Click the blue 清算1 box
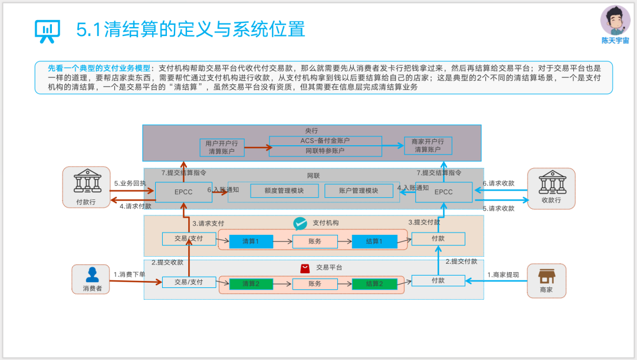tap(251, 241)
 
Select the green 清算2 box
tap(251, 284)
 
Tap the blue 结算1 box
tap(375, 241)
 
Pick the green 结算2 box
tap(375, 284)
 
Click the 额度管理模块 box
tap(284, 191)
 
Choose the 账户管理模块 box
tap(359, 191)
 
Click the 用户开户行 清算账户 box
tap(222, 148)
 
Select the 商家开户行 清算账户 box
tap(428, 145)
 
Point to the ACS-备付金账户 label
tap(325, 140)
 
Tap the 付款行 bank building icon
tap(87, 181)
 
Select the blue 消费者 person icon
tap(92, 274)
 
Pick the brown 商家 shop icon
tap(546, 276)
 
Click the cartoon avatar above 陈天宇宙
tap(615, 20)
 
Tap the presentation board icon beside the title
tap(48, 31)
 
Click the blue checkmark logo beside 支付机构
tap(300, 224)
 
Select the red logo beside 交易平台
tap(305, 269)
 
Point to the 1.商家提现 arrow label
tap(503, 274)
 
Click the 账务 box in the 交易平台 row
tap(315, 284)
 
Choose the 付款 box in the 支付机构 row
tap(438, 239)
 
